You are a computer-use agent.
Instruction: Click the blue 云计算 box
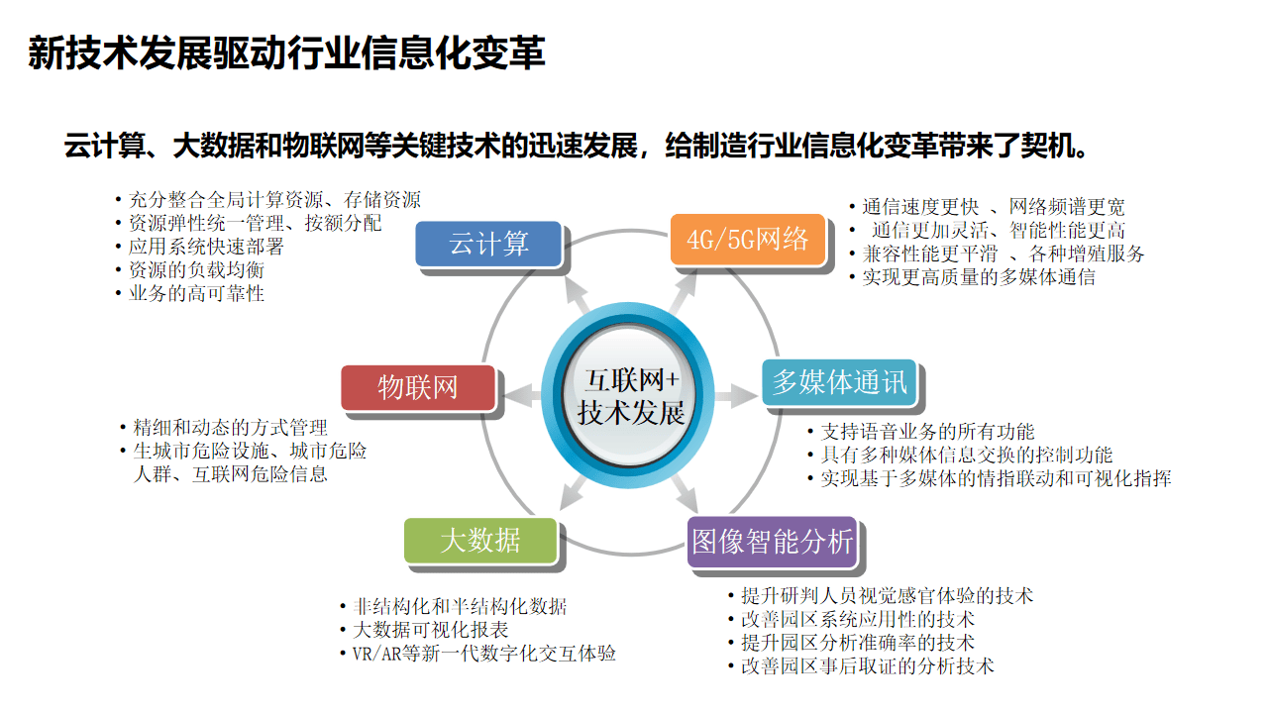(487, 244)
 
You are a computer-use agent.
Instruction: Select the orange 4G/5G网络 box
(747, 239)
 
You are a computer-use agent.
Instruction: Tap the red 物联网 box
(417, 387)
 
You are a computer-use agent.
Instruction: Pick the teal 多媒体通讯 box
(840, 382)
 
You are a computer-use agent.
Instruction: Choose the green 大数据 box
(479, 541)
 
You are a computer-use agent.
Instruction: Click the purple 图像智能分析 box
(772, 541)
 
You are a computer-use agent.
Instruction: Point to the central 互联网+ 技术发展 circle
(631, 396)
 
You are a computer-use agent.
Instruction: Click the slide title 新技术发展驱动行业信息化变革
(286, 53)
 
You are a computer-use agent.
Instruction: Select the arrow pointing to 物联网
(522, 396)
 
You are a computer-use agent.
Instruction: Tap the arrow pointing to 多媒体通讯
(738, 396)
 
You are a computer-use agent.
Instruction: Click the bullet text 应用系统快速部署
(206, 247)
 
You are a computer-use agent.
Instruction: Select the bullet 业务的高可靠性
(196, 293)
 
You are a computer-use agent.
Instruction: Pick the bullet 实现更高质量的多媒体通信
(978, 277)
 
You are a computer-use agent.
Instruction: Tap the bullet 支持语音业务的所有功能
(927, 432)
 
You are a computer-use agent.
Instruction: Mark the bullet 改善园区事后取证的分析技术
(867, 666)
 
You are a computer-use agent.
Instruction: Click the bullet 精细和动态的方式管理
(230, 428)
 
